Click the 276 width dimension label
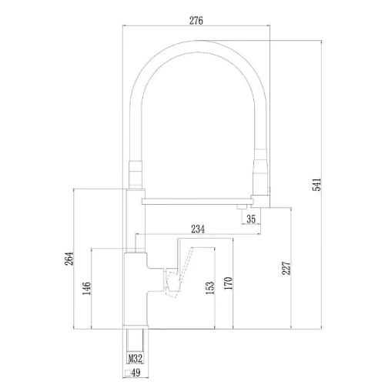(196, 20)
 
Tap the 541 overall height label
(316, 185)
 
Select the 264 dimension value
(69, 259)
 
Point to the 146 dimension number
(86, 288)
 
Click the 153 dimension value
(210, 288)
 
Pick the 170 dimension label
(228, 283)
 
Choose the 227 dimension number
(286, 268)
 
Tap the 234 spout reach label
(198, 229)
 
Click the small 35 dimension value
(251, 219)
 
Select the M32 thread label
(136, 358)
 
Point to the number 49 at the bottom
(136, 373)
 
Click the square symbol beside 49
(127, 373)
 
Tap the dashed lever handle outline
(179, 273)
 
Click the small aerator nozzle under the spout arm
(243, 206)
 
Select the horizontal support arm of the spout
(196, 202)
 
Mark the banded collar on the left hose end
(136, 175)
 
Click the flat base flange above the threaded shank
(136, 326)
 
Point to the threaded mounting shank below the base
(136, 346)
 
